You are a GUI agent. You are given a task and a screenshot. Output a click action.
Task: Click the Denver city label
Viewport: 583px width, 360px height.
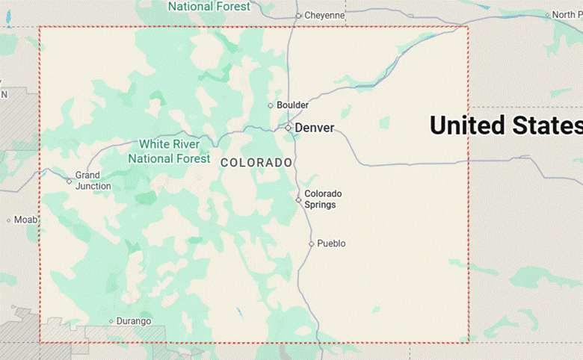(x=314, y=128)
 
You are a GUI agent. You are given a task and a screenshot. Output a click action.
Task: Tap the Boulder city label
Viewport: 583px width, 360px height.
(x=292, y=105)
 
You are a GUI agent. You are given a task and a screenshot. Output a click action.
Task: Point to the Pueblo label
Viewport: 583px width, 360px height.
(x=331, y=243)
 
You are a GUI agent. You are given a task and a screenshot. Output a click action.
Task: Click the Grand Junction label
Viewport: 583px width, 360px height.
(x=93, y=181)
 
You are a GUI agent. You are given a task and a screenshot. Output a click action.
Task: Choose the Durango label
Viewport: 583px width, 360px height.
(x=134, y=321)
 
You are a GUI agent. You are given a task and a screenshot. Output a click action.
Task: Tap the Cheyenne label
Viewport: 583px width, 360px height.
(x=325, y=15)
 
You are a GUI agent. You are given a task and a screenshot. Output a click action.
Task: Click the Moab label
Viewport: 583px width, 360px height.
(x=25, y=220)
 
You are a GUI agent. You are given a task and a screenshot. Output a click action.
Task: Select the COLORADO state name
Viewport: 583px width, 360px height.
(x=256, y=162)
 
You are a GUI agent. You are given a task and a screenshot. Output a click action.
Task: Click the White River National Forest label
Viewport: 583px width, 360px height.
(x=169, y=152)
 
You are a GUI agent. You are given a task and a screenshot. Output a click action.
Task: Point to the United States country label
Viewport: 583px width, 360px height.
(x=506, y=125)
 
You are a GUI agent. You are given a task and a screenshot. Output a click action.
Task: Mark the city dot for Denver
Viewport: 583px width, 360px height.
(x=288, y=128)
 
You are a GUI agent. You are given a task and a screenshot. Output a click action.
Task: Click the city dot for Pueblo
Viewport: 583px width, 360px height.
(x=312, y=243)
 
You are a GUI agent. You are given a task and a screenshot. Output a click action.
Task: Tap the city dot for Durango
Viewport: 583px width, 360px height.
(x=111, y=321)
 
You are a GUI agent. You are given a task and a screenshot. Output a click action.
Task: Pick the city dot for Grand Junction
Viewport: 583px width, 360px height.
(x=69, y=181)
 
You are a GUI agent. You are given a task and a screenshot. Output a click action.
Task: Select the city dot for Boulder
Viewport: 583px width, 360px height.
(x=271, y=105)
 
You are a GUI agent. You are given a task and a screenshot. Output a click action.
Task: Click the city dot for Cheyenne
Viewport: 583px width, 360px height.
(x=297, y=15)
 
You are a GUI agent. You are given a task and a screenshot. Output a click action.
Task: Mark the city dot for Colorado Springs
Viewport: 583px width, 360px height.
(x=298, y=199)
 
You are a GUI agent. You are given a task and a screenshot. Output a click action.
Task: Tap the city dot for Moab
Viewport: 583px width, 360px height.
(x=8, y=220)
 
